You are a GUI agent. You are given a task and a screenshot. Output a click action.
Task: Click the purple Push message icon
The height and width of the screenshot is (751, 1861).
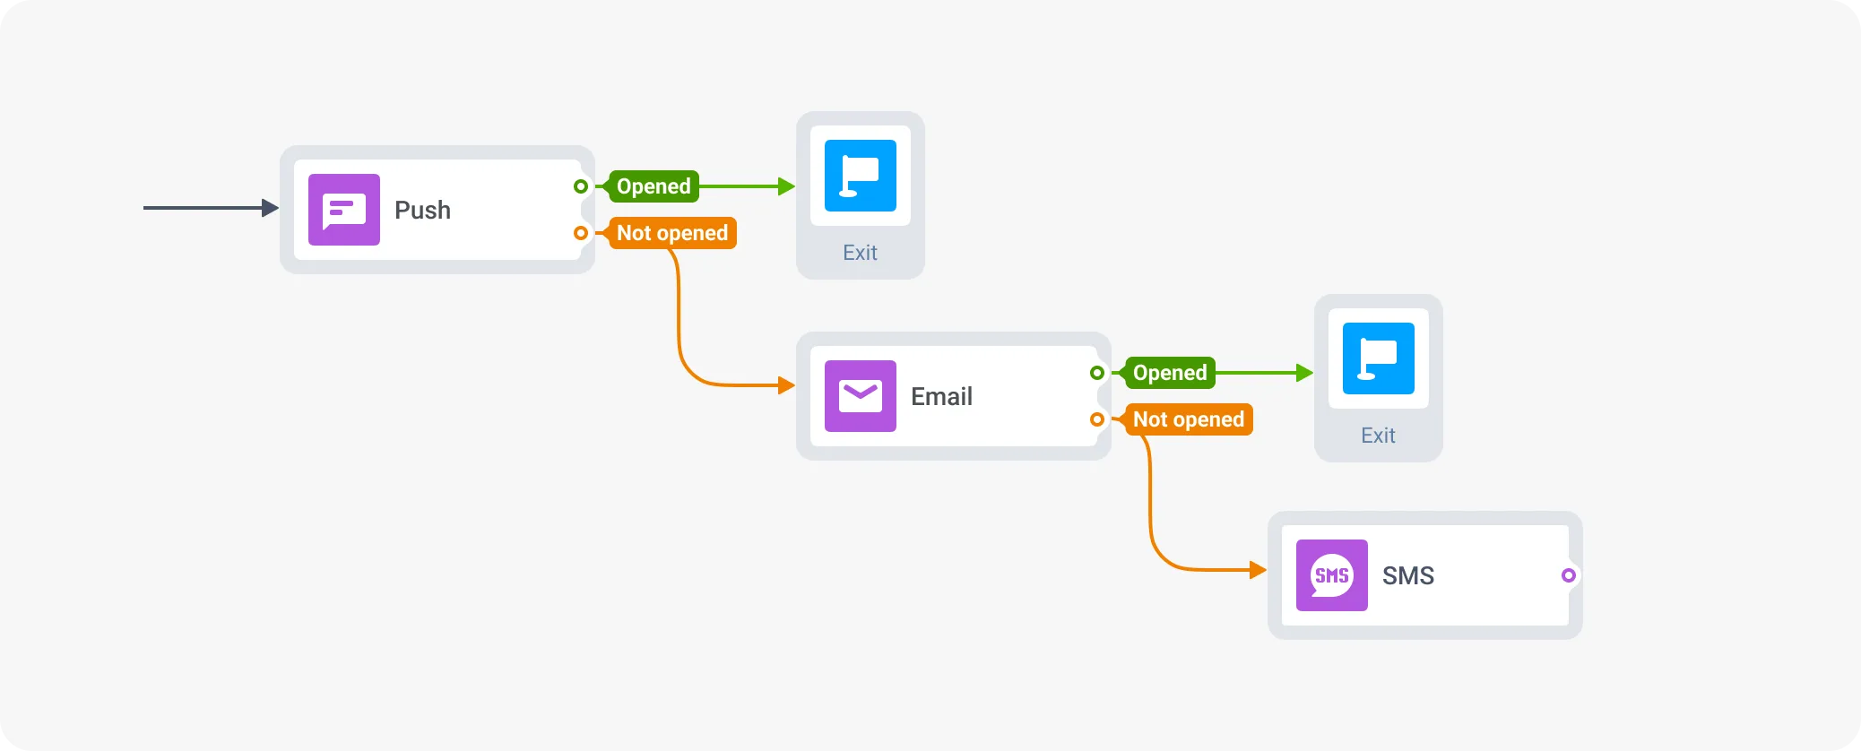pyautogui.click(x=343, y=210)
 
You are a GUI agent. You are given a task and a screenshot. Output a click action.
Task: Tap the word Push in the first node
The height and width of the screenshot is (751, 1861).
pyautogui.click(x=422, y=210)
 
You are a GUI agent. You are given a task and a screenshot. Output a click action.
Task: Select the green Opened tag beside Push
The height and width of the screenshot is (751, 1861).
pyautogui.click(x=654, y=186)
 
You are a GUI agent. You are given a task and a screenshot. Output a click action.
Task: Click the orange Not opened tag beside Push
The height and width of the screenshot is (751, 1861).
pyautogui.click(x=672, y=233)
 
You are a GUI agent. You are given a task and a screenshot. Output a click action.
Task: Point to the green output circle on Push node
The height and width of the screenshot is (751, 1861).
pyautogui.click(x=581, y=186)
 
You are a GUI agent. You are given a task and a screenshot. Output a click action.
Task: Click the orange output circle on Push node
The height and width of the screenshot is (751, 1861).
pyautogui.click(x=581, y=233)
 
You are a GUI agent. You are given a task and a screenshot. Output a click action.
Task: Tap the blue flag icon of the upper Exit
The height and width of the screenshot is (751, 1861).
pyautogui.click(x=860, y=176)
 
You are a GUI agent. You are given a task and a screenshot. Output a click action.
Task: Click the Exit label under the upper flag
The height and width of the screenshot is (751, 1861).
pyautogui.click(x=860, y=253)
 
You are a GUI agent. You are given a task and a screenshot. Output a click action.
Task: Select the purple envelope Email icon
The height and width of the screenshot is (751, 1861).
pyautogui.click(x=860, y=396)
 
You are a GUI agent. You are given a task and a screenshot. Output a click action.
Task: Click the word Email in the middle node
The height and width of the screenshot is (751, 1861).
pyautogui.click(x=941, y=396)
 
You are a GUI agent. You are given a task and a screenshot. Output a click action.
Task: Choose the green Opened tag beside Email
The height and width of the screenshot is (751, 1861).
pyautogui.click(x=1170, y=373)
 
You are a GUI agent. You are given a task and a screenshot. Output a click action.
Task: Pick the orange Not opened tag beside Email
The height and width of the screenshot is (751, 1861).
pyautogui.click(x=1189, y=419)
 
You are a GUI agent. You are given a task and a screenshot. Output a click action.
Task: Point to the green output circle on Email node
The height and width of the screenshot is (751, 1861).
pyautogui.click(x=1097, y=373)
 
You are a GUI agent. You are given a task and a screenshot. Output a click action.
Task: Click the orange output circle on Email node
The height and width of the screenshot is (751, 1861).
pyautogui.click(x=1097, y=419)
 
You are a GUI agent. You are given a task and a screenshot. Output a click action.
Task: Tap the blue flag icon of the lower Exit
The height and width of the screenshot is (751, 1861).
pyautogui.click(x=1378, y=358)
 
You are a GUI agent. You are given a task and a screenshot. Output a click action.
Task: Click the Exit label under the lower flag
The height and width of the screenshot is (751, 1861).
pyautogui.click(x=1378, y=436)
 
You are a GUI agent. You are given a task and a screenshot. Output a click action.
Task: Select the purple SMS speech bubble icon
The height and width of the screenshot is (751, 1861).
pyautogui.click(x=1331, y=575)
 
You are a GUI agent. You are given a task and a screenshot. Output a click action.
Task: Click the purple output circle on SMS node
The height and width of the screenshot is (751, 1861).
pyautogui.click(x=1568, y=575)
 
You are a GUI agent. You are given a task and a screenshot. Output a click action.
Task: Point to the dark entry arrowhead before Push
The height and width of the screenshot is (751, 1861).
pyautogui.click(x=270, y=208)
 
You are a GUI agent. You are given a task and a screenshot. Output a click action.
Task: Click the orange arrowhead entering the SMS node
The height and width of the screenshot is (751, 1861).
pyautogui.click(x=1258, y=569)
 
